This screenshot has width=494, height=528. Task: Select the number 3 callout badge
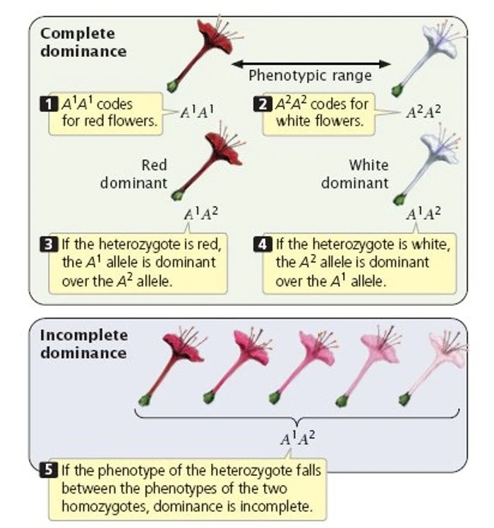tap(48, 245)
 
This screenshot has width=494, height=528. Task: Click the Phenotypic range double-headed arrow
tap(311, 63)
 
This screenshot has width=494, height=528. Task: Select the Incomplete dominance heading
tap(83, 344)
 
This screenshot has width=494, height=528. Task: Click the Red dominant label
tap(134, 174)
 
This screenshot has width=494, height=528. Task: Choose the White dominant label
tap(355, 174)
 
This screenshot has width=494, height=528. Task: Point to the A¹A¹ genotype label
tap(197, 111)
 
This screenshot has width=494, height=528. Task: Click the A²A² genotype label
tap(423, 111)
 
